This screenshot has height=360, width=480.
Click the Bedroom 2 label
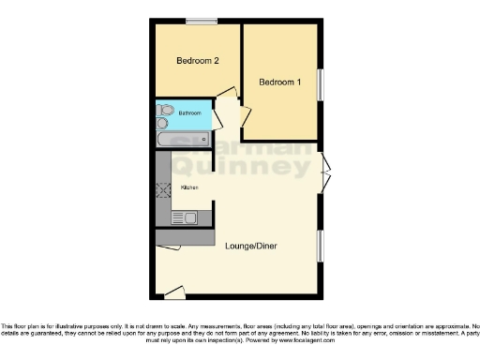pos(198,61)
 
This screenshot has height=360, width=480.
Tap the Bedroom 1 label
pos(280,82)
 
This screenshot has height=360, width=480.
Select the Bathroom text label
pos(190,113)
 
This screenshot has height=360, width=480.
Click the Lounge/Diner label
pos(250,247)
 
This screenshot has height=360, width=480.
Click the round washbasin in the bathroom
pos(163,123)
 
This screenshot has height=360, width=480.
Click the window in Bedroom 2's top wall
pos(199,21)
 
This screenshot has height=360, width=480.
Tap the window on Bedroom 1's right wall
pos(319,85)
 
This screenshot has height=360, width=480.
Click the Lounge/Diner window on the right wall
pos(320,246)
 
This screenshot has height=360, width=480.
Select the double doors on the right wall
pos(324,174)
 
